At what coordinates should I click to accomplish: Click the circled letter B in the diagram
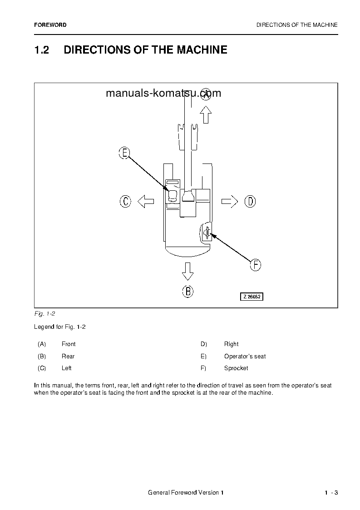pyautogui.click(x=188, y=291)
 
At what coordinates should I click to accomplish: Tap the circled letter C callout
pyautogui.click(x=126, y=201)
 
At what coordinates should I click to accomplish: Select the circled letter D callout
pyautogui.click(x=250, y=201)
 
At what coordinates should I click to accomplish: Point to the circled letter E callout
pyautogui.click(x=124, y=153)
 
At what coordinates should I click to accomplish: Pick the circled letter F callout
pyautogui.click(x=256, y=265)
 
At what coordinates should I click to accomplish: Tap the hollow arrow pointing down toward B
pyautogui.click(x=187, y=271)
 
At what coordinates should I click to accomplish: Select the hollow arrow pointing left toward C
pyautogui.click(x=146, y=201)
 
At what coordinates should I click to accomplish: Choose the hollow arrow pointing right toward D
pyautogui.click(x=230, y=201)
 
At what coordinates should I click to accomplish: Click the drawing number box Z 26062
pyautogui.click(x=252, y=297)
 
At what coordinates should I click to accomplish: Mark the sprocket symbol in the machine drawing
pyautogui.click(x=207, y=233)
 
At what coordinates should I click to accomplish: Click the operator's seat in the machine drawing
pyautogui.click(x=173, y=195)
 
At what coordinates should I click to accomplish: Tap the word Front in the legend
pyautogui.click(x=69, y=344)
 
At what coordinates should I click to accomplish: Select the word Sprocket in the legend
pyautogui.click(x=236, y=368)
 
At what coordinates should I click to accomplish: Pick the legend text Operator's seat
pyautogui.click(x=245, y=357)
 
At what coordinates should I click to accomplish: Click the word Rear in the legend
pyautogui.click(x=68, y=357)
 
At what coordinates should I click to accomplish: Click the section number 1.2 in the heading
pyautogui.click(x=42, y=50)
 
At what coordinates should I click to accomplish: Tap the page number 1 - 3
pyautogui.click(x=331, y=493)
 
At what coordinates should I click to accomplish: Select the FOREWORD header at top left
pyautogui.click(x=50, y=25)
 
